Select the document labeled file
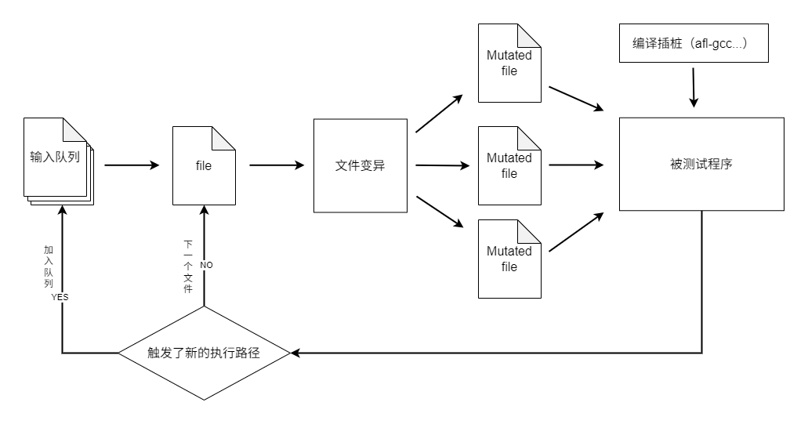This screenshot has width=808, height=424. click(204, 165)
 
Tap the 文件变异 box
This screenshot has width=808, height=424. click(361, 165)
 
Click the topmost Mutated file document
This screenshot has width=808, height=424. click(509, 63)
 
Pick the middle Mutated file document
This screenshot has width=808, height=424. click(509, 165)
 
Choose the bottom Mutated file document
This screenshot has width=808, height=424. click(509, 259)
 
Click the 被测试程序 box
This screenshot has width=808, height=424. click(701, 164)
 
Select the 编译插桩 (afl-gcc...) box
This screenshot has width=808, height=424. click(690, 44)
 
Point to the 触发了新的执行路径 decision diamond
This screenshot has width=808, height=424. click(204, 353)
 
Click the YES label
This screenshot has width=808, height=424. click(60, 298)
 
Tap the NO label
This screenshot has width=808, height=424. click(206, 265)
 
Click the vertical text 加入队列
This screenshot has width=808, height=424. click(48, 266)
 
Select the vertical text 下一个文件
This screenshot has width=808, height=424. click(188, 267)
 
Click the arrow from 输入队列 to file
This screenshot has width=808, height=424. click(132, 165)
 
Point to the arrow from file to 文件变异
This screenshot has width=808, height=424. click(277, 165)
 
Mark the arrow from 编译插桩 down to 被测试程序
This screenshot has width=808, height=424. click(693, 86)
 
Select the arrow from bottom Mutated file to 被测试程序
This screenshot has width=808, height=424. click(576, 233)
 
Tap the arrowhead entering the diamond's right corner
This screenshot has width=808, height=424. click(295, 353)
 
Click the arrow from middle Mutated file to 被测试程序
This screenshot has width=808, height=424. click(576, 165)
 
